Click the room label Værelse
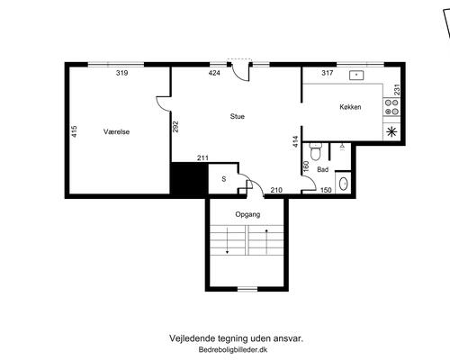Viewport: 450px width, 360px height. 116,131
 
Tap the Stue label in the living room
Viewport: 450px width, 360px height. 238,116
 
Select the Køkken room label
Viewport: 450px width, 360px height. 350,107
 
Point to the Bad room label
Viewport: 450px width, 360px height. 322,169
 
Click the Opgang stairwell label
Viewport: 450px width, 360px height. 247,214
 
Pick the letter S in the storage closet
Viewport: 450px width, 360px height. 224,179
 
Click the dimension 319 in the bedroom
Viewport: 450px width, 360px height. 122,73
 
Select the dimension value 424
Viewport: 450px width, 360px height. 214,73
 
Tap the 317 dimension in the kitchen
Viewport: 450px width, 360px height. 328,73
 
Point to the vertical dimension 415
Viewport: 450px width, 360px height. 75,131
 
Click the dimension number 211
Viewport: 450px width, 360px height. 202,157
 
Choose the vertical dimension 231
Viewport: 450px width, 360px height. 397,90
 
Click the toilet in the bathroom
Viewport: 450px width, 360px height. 315,151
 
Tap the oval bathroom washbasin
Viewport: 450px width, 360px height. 343,184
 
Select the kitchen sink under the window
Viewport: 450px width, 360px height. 356,75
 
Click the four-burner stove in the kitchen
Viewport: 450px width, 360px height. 391,107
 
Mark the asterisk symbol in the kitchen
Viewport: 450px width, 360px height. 391,132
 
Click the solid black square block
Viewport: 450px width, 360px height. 189,179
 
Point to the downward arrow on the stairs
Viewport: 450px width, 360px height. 227,240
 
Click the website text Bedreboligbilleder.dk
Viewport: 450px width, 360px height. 233,350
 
